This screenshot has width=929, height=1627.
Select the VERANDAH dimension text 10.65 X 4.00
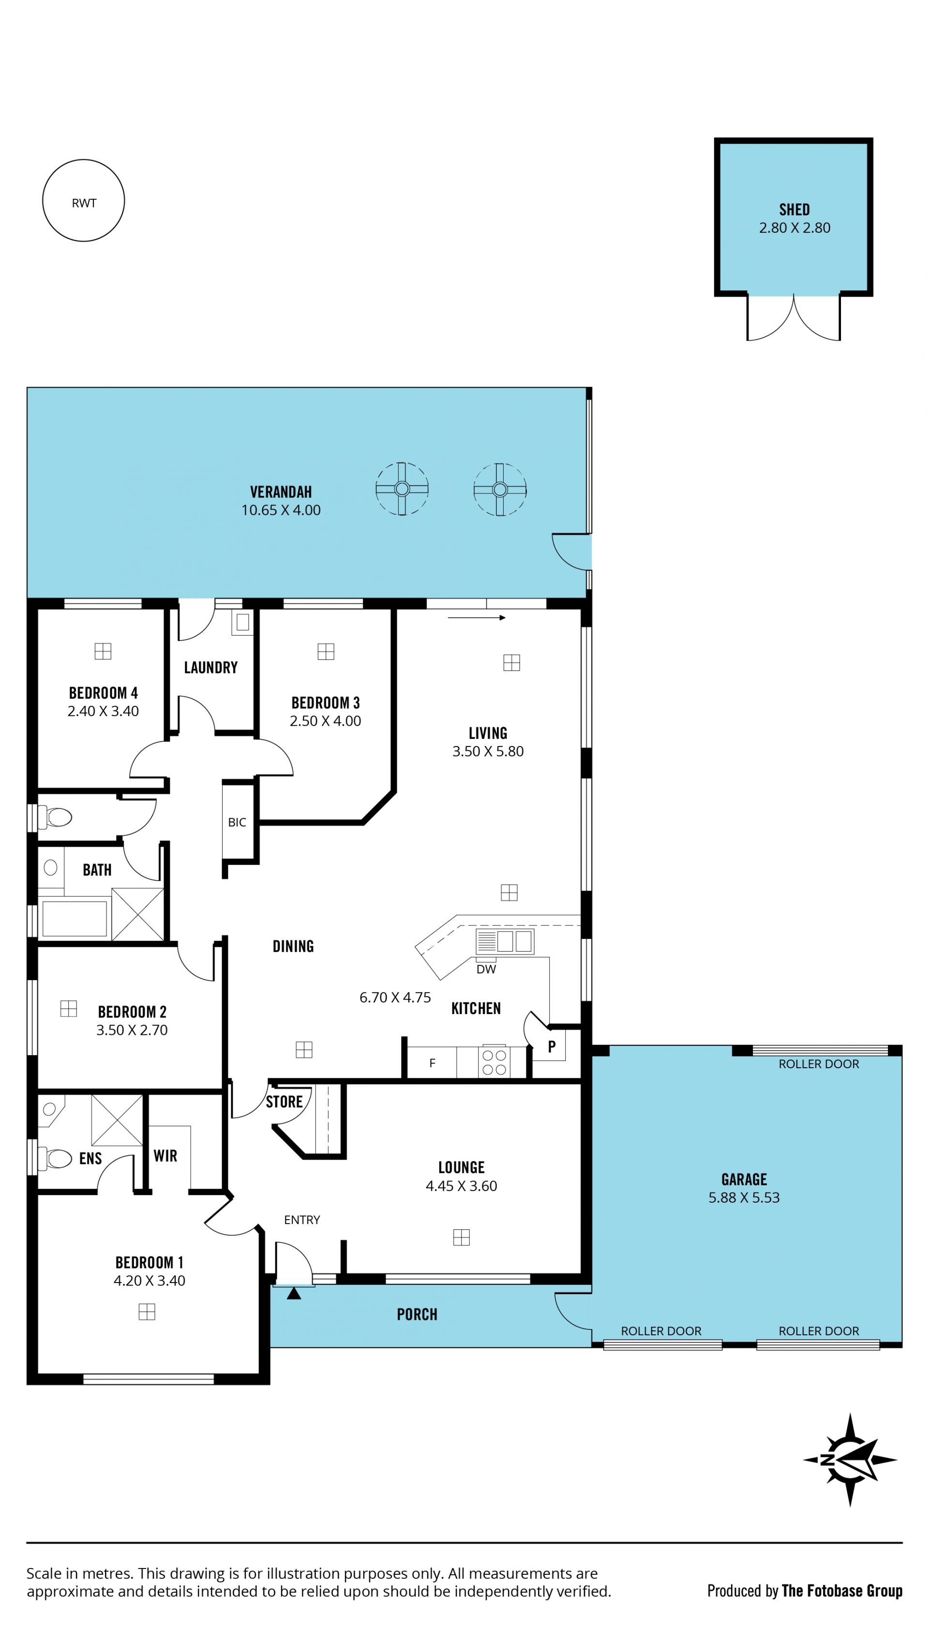coord(281,510)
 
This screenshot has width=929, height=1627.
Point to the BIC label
coord(237,822)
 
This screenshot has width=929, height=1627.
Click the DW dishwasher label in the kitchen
coord(486,970)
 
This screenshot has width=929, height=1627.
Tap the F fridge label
coord(432,1063)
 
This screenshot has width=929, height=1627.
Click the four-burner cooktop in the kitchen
coord(494,1062)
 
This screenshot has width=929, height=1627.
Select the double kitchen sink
coord(504,941)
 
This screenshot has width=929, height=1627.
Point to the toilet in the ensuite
coord(56,1158)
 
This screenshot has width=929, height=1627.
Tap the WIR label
coord(165,1156)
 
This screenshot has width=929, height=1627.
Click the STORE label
coord(284,1102)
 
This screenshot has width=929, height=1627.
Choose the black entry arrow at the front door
coord(294,1294)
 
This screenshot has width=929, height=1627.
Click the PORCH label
coord(417,1314)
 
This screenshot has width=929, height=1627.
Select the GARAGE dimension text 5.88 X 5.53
coord(744,1198)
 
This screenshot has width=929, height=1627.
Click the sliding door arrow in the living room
coord(477,617)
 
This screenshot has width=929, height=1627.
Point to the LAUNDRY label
coord(210,667)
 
